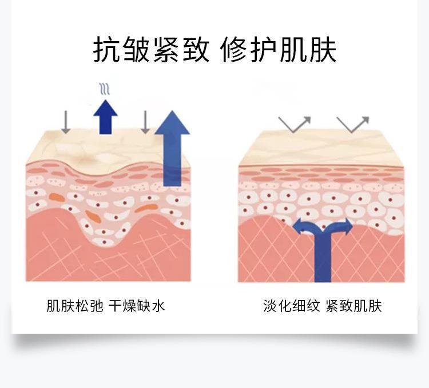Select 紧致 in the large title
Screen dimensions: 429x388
click(x=181, y=50)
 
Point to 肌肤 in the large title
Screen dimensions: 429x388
click(x=308, y=50)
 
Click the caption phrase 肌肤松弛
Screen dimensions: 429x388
click(x=75, y=306)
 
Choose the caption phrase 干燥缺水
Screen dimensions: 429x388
click(x=137, y=306)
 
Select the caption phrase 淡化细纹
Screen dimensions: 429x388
click(x=292, y=306)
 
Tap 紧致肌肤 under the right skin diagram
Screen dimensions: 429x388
click(x=353, y=306)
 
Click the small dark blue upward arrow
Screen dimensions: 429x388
click(x=106, y=117)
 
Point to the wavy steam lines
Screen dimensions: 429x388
click(x=105, y=89)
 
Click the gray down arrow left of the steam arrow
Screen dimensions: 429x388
click(x=66, y=122)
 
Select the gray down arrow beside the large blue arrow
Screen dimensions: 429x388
click(x=145, y=122)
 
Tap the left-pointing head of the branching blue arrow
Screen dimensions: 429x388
click(x=297, y=226)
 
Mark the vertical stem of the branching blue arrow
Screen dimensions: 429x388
click(x=323, y=257)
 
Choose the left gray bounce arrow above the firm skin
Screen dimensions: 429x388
click(x=295, y=125)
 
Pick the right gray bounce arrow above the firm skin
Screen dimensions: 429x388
click(x=353, y=125)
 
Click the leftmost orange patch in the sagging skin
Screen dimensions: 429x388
click(x=57, y=197)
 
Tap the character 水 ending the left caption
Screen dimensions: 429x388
click(x=158, y=306)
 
